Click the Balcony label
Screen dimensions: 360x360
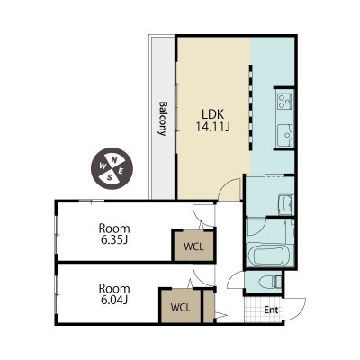click(163, 119)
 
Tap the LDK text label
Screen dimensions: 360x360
click(212, 114)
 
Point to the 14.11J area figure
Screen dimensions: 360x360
click(212, 127)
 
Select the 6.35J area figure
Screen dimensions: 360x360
click(114, 240)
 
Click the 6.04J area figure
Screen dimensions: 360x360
click(114, 300)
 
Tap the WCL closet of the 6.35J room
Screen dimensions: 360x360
click(193, 246)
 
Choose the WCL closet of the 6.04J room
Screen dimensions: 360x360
click(181, 306)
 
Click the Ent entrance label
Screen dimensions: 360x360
click(271, 310)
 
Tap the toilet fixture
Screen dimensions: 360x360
click(270, 282)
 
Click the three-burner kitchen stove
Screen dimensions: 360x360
click(285, 101)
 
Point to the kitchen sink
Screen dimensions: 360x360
click(284, 136)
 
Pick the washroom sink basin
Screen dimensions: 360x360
click(285, 205)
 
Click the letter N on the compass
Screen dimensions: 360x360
click(114, 160)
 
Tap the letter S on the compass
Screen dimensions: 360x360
click(110, 177)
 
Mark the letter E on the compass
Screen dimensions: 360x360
click(121, 171)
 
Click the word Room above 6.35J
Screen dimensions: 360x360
click(114, 229)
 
